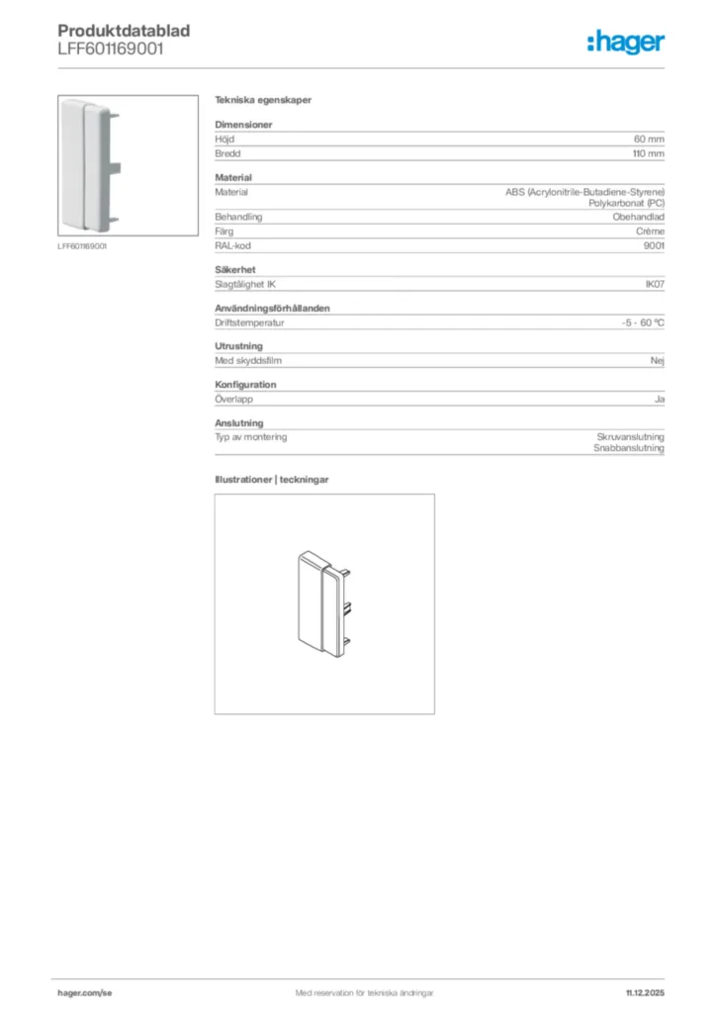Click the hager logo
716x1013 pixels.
[x=626, y=42]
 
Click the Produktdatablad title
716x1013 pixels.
[x=124, y=31]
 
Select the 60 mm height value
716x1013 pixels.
[x=649, y=139]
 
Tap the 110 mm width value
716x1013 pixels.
[x=649, y=154]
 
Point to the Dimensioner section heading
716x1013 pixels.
[x=243, y=125]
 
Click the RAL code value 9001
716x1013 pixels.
[x=654, y=246]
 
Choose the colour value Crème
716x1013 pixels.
[x=649, y=231]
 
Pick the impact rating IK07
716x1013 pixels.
[x=655, y=285]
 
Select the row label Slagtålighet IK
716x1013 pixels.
[x=245, y=285]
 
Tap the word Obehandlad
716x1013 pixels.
[x=638, y=217]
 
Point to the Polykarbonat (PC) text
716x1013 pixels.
[x=626, y=202]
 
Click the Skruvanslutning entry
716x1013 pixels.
[x=630, y=436]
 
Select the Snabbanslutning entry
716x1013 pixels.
[x=629, y=448]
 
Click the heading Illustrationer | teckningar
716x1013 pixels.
[x=272, y=479]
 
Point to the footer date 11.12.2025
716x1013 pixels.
[x=645, y=992]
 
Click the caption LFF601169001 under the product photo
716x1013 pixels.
[x=81, y=246]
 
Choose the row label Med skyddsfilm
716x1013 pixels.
[x=248, y=361]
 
